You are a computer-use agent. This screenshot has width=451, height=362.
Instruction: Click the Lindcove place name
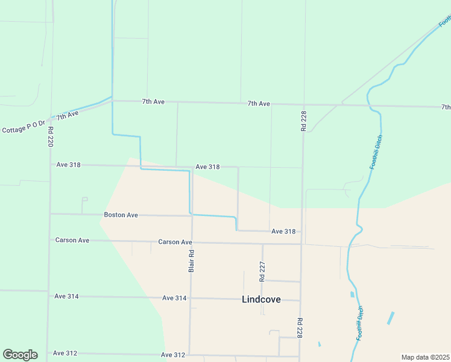tap(261, 299)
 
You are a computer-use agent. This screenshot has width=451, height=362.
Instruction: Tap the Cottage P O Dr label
tap(23, 127)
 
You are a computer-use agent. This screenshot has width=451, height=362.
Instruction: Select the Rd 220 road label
tap(51, 137)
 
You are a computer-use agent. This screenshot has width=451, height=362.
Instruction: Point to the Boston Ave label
tap(121, 215)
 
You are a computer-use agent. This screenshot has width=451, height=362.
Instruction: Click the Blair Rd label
tap(191, 261)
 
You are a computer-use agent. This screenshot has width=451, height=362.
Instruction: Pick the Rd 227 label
tap(262, 272)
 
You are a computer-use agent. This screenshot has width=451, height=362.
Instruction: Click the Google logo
tap(20, 355)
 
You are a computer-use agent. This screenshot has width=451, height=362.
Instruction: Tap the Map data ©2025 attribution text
tap(425, 357)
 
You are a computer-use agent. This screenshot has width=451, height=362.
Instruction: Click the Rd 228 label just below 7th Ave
tap(303, 121)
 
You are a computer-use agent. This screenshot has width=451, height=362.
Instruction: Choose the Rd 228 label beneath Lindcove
tap(299, 328)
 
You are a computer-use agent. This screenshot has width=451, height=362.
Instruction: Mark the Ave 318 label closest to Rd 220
tap(68, 164)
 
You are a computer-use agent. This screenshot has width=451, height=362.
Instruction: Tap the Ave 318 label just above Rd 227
tap(283, 232)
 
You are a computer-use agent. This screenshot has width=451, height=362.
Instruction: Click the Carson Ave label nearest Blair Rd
tap(175, 242)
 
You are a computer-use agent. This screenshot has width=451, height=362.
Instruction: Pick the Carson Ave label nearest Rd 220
tap(72, 240)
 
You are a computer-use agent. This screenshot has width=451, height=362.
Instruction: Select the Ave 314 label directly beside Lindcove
tap(175, 298)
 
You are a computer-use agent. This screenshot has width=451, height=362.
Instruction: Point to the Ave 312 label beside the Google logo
tap(65, 354)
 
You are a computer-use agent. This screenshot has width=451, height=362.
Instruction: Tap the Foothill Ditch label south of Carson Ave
tap(361, 323)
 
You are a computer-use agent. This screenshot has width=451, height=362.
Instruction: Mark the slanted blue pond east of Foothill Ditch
tap(391, 318)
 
